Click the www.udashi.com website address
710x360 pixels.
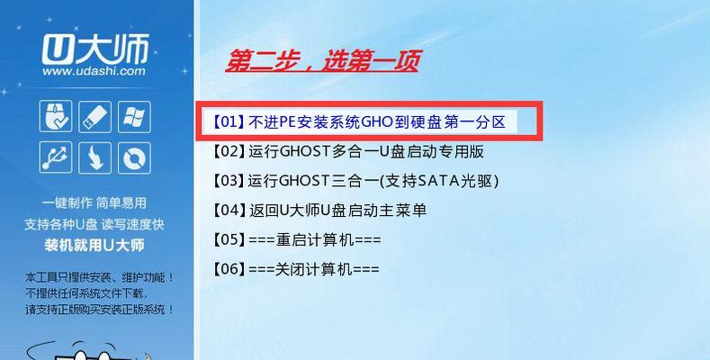point(94,71)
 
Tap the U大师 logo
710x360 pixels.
point(95,49)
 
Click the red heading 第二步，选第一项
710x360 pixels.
point(323,61)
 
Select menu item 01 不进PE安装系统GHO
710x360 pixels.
point(359,122)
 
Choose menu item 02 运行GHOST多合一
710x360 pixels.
point(347,151)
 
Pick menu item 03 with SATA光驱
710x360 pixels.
point(355,181)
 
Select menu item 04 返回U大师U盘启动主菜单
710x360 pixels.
point(319,210)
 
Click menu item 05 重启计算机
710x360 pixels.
point(297,239)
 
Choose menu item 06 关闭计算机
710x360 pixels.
point(296,269)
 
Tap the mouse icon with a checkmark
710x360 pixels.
point(56,116)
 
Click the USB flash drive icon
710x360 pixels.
point(95,116)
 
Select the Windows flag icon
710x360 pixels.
point(134,116)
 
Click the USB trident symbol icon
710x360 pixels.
point(56,157)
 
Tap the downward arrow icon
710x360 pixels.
point(95,157)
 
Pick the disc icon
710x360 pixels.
point(134,157)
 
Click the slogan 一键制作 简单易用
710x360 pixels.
point(94,202)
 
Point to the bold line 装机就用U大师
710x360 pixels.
point(94,246)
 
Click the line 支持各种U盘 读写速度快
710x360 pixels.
point(94,224)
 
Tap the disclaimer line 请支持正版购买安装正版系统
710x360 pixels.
point(100,310)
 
